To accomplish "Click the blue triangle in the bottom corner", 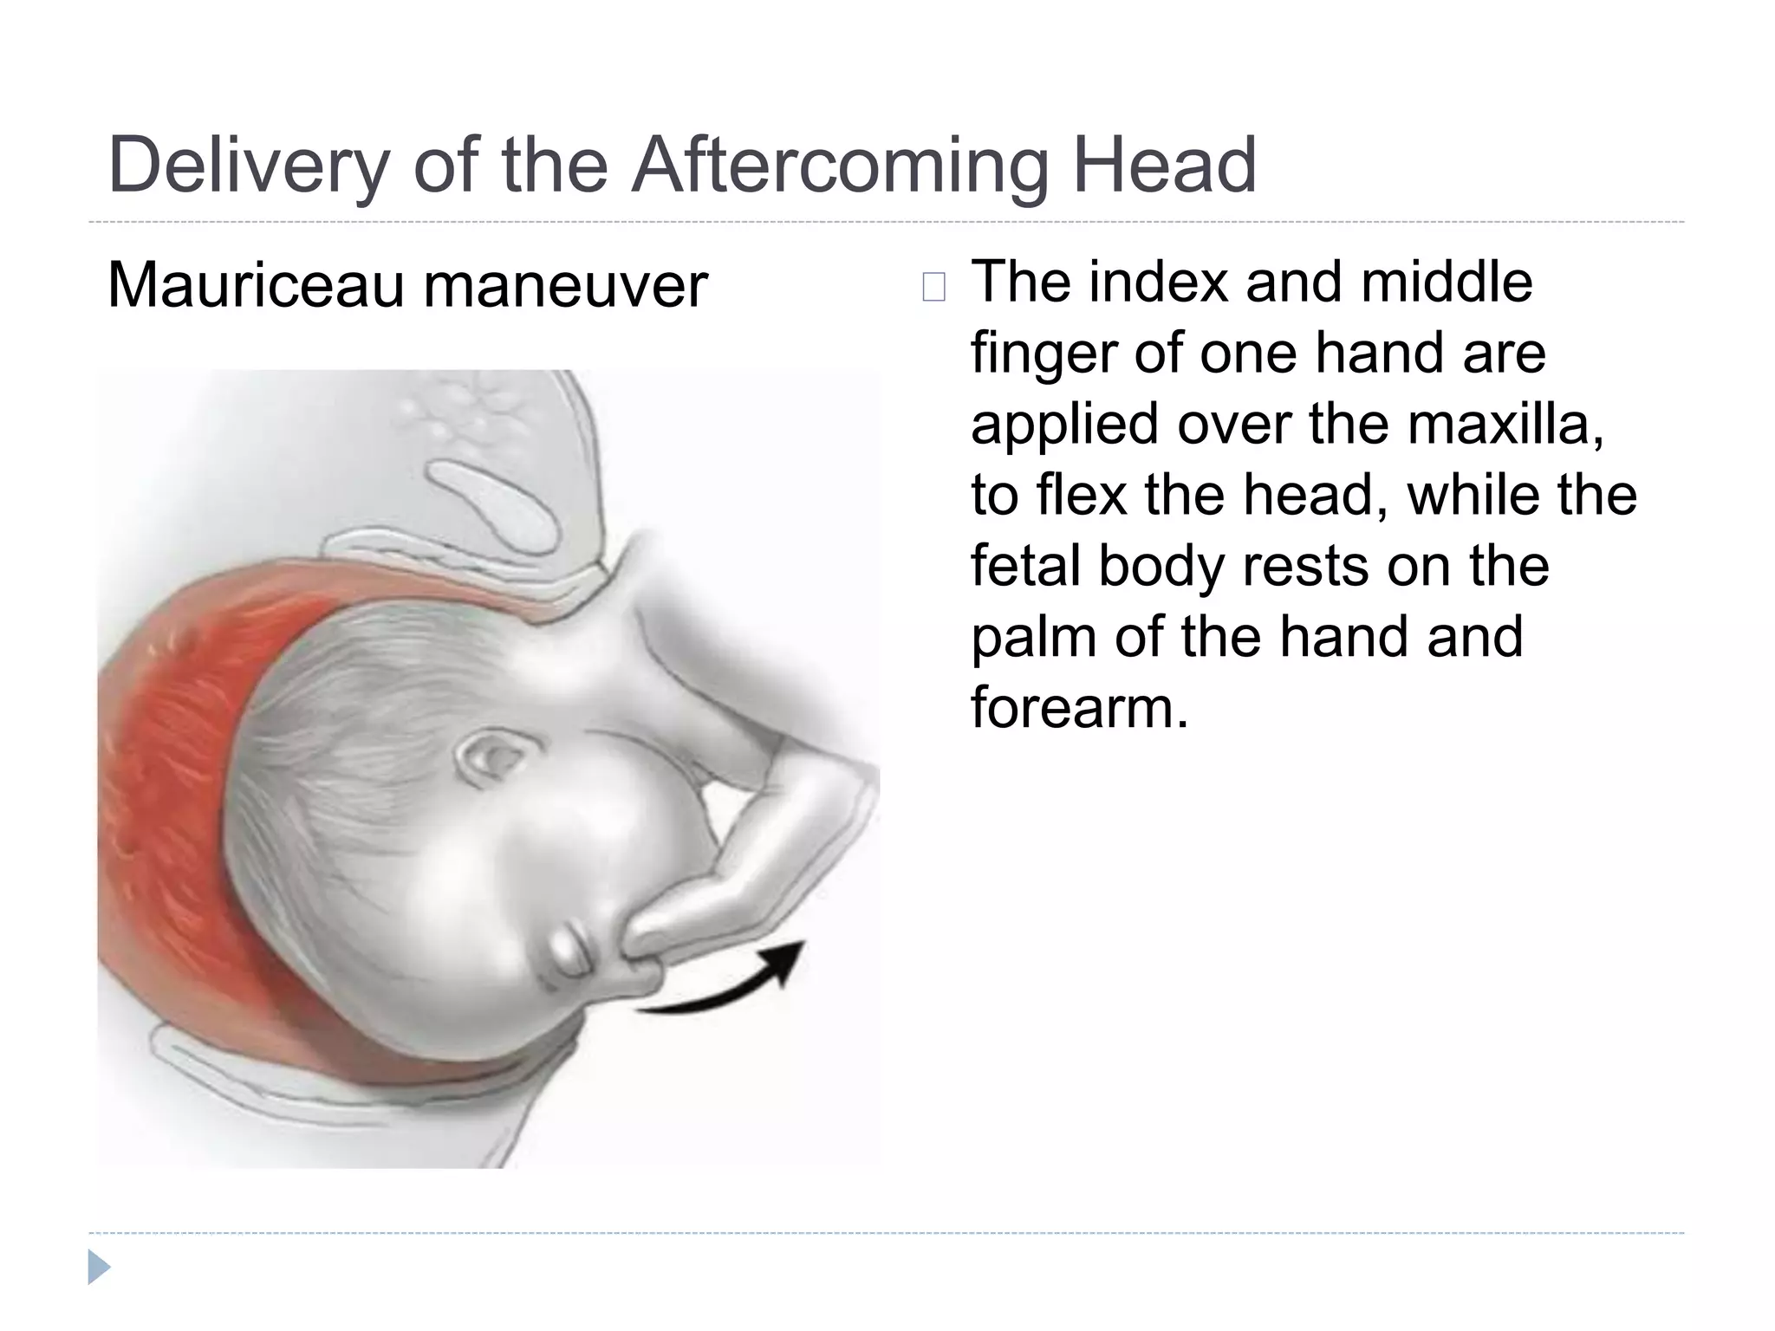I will click(x=98, y=1267).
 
